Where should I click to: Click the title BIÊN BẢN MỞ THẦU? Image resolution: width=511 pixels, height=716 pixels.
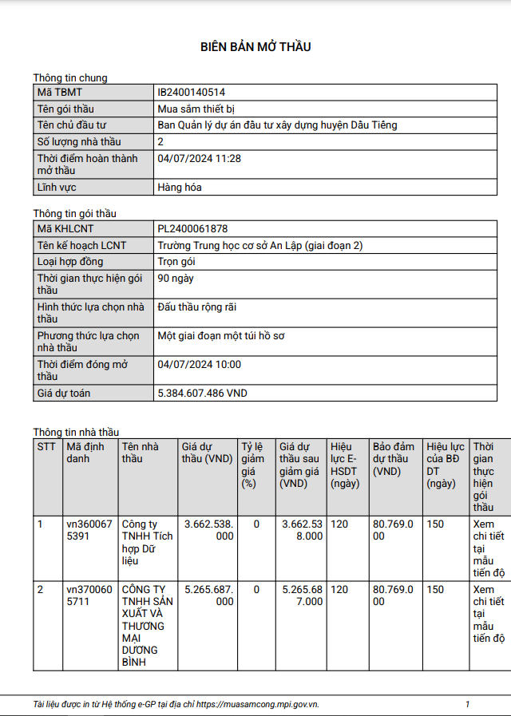coord(255,47)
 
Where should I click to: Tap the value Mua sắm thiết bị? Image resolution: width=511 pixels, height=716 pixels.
coord(196,109)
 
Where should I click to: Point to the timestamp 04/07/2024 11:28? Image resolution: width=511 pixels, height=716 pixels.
coord(200,158)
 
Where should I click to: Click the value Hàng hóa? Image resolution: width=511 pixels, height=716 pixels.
coord(180,188)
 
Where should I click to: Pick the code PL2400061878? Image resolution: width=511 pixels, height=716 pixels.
coord(193,229)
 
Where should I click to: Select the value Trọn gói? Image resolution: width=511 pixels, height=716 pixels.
coord(176,262)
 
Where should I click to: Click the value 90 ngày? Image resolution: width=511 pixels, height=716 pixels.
coord(176,279)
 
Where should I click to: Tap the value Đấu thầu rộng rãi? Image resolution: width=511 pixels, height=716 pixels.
coord(197,307)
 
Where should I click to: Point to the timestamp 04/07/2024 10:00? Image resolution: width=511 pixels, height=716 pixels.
coord(200,365)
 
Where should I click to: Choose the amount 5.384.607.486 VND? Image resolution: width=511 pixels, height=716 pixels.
coord(203,394)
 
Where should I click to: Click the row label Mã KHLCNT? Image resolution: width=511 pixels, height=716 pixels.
coord(65,229)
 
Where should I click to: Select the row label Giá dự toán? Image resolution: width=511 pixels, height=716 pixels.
coord(64,394)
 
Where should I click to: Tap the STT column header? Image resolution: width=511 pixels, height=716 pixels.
coord(47,447)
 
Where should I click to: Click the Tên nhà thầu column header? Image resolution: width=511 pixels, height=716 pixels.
coord(140,453)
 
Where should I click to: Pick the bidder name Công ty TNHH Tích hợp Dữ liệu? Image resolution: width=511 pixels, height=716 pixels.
coord(147,542)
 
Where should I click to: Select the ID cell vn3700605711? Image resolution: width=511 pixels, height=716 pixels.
coord(84,595)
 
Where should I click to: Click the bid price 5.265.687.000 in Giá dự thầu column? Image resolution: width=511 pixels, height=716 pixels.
coord(208,595)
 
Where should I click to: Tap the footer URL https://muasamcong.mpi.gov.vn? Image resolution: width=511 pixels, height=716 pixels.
coord(258,704)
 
